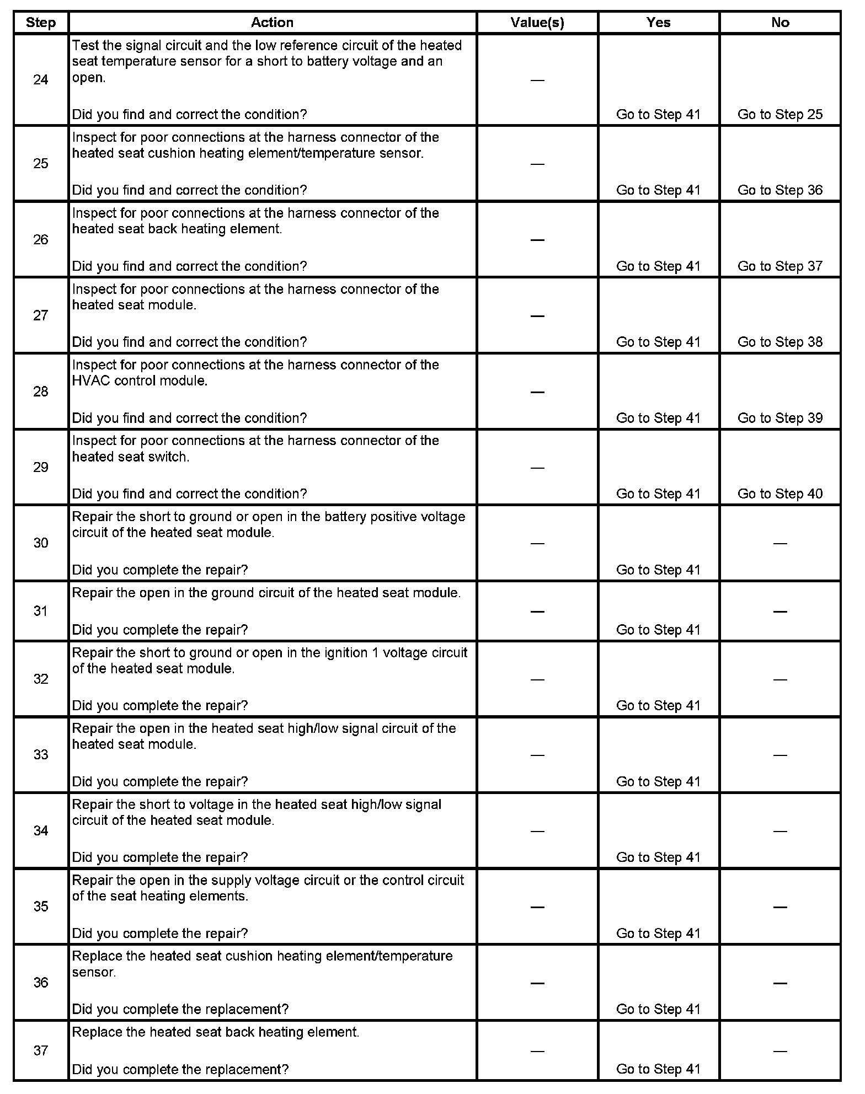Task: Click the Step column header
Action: click(x=41, y=23)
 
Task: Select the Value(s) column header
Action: click(x=537, y=23)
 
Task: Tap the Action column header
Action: click(x=272, y=23)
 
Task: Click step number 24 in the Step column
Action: click(x=41, y=80)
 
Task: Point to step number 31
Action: click(x=41, y=611)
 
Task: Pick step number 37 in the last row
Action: click(x=41, y=1050)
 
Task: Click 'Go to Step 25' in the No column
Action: click(x=779, y=115)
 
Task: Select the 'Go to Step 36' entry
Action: click(x=779, y=190)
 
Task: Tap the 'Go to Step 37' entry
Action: click(x=779, y=266)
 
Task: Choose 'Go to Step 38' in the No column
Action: click(x=779, y=342)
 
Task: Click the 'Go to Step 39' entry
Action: click(x=779, y=418)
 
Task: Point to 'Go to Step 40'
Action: click(x=779, y=494)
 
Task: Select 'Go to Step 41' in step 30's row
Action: click(x=658, y=570)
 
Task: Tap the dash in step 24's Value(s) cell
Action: click(x=537, y=81)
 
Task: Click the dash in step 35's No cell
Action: click(x=779, y=907)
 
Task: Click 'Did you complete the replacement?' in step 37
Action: click(x=180, y=1069)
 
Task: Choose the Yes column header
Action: click(x=658, y=23)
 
